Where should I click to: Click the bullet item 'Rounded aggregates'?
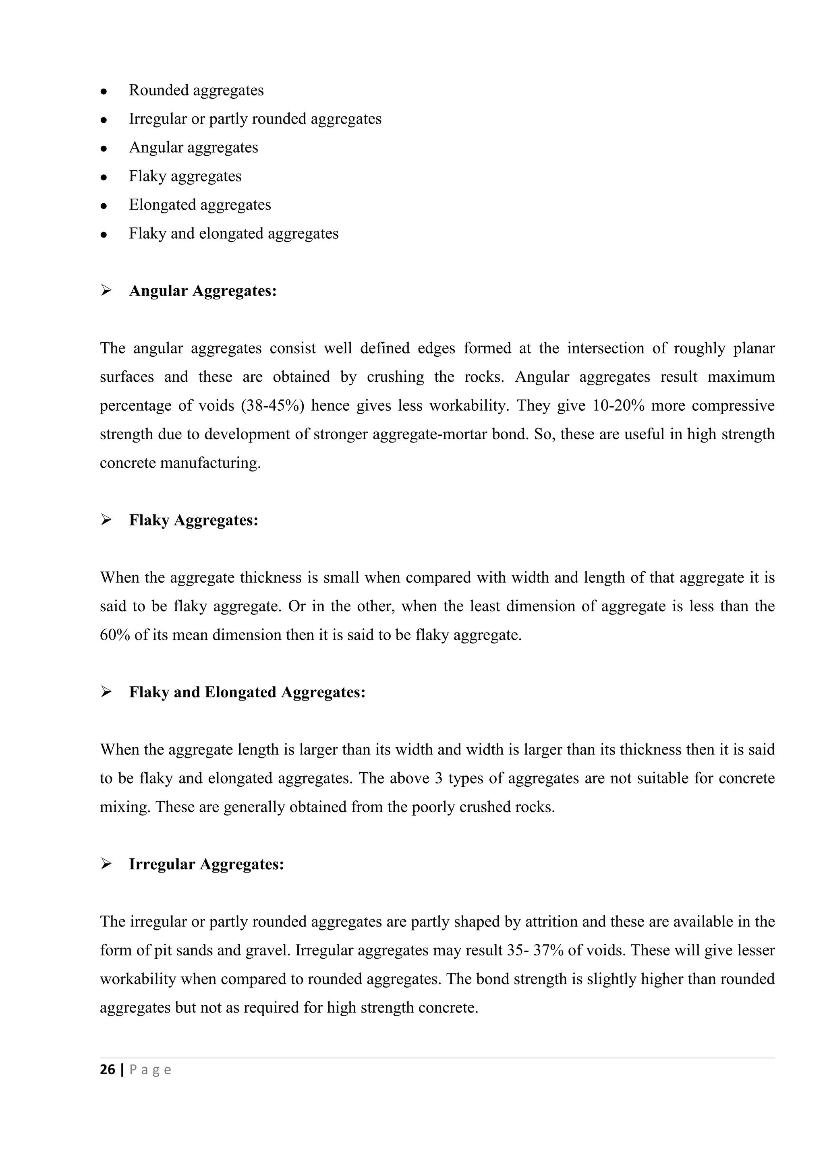(196, 91)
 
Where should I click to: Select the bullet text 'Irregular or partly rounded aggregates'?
(255, 119)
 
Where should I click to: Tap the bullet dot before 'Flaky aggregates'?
(104, 178)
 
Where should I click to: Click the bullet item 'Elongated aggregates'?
(200, 205)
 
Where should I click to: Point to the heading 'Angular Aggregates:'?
(203, 291)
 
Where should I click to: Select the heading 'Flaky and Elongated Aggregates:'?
(247, 692)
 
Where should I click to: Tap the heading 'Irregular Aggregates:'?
(206, 864)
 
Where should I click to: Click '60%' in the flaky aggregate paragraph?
(114, 635)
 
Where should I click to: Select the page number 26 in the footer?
(107, 1070)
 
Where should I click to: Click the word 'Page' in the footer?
(150, 1070)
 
